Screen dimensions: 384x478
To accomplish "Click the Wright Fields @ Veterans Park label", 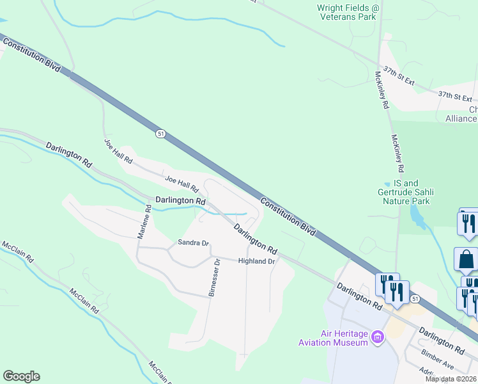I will click(348, 12).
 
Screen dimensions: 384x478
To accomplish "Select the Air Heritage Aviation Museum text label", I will click(334, 337).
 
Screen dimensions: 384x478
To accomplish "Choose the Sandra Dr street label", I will click(193, 243).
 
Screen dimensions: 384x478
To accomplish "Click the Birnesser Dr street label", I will click(213, 279).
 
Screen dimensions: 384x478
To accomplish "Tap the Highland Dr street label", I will click(256, 261).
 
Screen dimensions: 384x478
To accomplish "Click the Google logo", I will click(21, 376).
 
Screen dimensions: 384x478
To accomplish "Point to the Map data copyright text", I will click(451, 379).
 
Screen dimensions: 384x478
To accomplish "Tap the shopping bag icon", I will click(466, 260).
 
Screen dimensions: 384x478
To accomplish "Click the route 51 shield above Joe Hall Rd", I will click(160, 133).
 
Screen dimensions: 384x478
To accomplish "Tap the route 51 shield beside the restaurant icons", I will click(415, 299).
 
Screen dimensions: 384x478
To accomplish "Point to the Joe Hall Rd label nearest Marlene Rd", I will click(118, 150).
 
